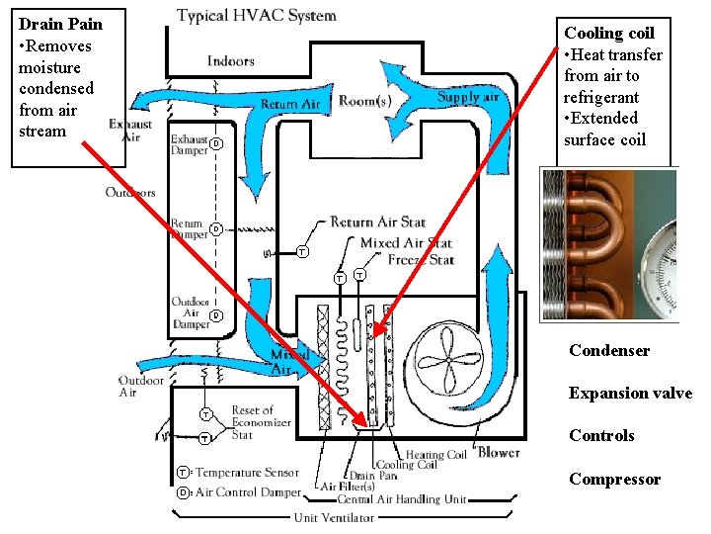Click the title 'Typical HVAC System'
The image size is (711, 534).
pos(256,16)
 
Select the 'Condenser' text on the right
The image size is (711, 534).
pos(608,351)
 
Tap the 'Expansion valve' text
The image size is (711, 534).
pos(630,394)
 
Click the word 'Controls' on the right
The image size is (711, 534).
pos(601,436)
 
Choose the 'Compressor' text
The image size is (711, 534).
pos(614,480)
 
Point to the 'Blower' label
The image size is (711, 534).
pos(499,453)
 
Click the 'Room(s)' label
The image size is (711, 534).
pos(364,101)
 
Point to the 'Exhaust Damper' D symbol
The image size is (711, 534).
pos(214,144)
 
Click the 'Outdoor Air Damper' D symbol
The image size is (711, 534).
pos(216,315)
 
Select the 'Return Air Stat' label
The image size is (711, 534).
pos(377,222)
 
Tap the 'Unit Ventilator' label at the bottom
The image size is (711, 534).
pos(333,517)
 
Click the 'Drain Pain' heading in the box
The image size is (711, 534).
pos(60,24)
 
